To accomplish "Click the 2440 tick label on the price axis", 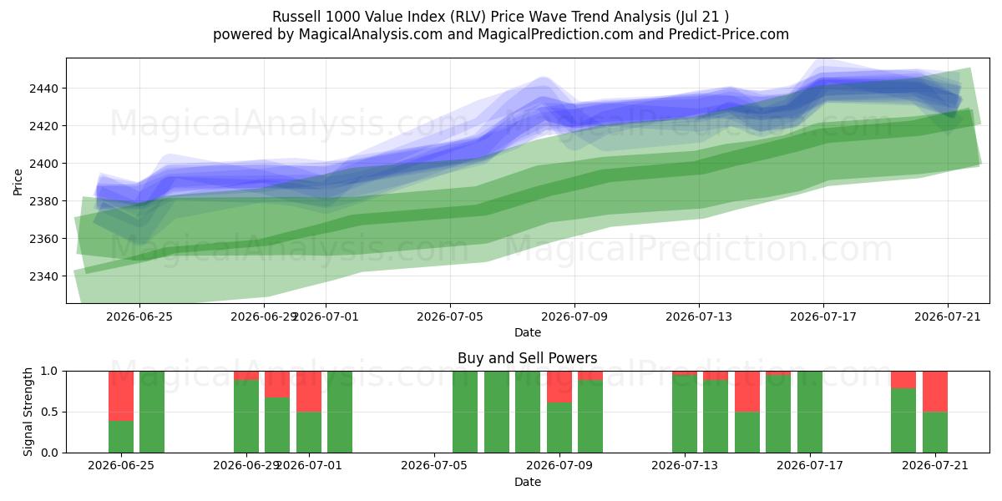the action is coord(43,89).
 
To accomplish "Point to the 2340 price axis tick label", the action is coord(43,276).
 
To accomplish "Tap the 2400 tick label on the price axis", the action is coord(43,164).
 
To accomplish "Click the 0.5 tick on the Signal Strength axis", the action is coord(49,412).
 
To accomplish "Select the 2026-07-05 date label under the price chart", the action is coord(450,316).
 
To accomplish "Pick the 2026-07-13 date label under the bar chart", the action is coord(685,465).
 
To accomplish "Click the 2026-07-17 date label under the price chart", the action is coord(823,316).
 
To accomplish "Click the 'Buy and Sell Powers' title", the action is coord(528,358).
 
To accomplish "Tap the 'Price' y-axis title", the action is coord(18,182).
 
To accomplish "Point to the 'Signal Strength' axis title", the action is coord(28,412).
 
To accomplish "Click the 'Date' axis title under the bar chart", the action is coord(528,482).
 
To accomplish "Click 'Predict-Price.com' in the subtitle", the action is coord(729,34).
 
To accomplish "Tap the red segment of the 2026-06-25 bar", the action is coord(121,396).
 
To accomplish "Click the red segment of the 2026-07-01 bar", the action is coord(309,392).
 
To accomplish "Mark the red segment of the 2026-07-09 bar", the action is coord(559,387).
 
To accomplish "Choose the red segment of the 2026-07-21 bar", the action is coord(935,392).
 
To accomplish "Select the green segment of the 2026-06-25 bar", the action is coord(121,437).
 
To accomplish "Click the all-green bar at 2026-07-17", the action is coord(810,412).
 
